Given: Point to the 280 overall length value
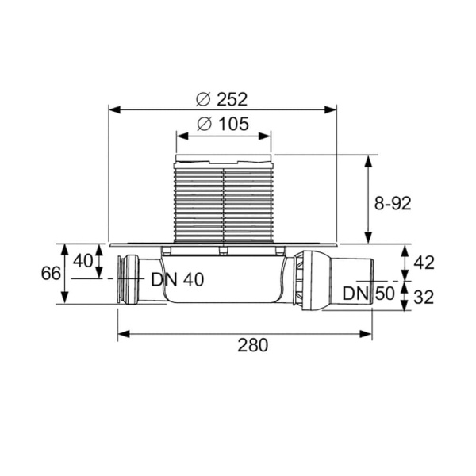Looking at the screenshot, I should click(x=251, y=345).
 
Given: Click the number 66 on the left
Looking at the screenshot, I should click(x=51, y=274).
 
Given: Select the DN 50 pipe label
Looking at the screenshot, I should click(x=367, y=293).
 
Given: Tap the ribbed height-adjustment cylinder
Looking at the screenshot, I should click(x=223, y=202).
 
